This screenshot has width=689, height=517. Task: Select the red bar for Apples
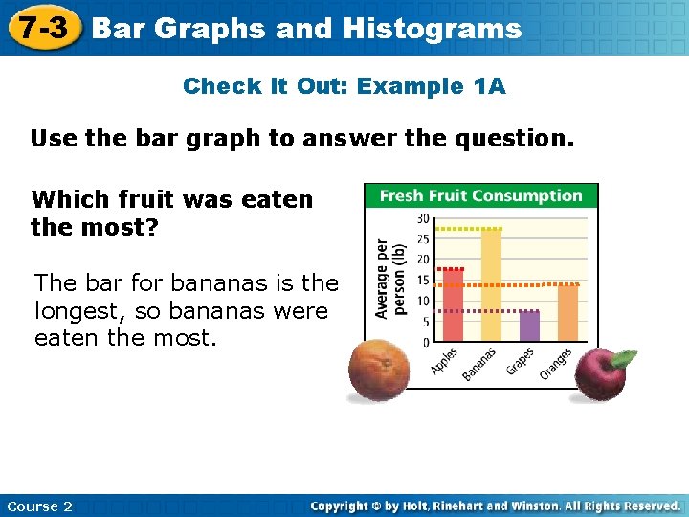[x=452, y=304]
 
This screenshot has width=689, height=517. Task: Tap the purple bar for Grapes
[x=529, y=326]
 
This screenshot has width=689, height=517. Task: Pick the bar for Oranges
[x=567, y=313]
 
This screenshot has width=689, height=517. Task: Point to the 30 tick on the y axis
[x=422, y=218]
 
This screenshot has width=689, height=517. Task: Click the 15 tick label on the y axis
[x=422, y=281]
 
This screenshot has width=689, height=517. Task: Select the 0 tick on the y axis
[x=425, y=342]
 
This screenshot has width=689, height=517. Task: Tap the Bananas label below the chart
[x=479, y=365]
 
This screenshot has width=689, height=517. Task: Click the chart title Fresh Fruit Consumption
[x=480, y=195]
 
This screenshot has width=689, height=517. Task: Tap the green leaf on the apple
[x=623, y=359]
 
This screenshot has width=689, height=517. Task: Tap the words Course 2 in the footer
[x=39, y=506]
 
